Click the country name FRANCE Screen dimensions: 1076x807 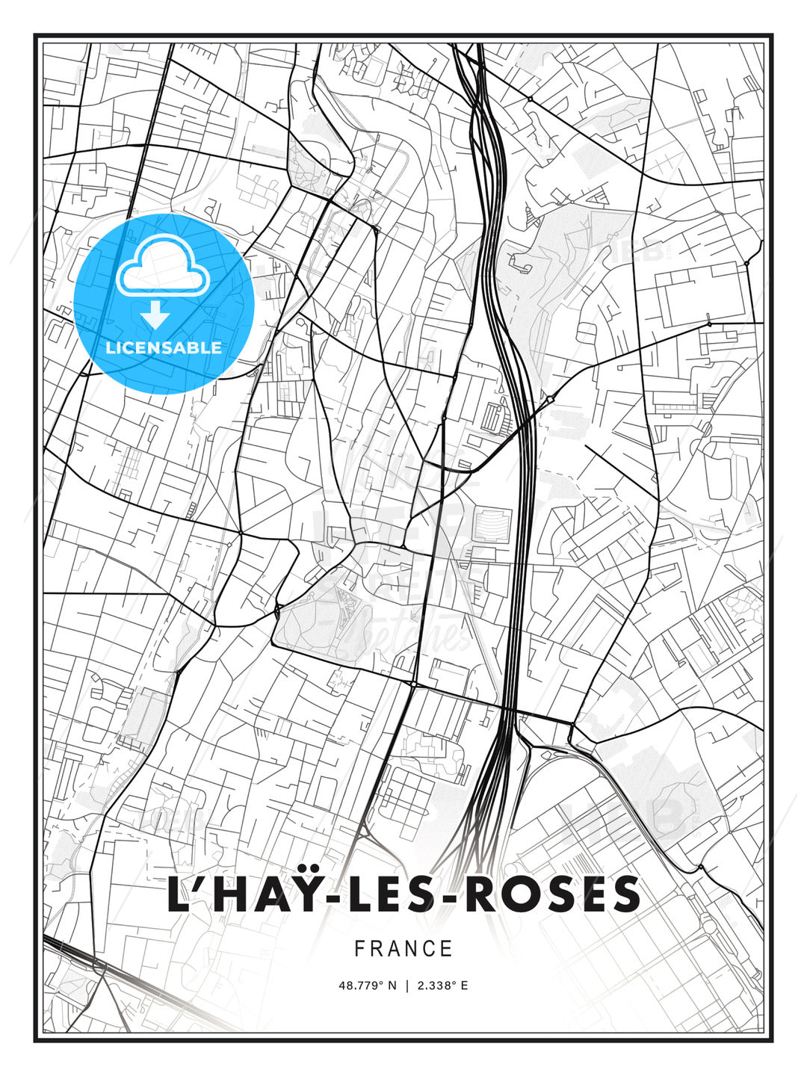click(x=403, y=949)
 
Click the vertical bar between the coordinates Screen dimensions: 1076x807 click(x=406, y=986)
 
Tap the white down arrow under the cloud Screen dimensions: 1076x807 click(x=155, y=315)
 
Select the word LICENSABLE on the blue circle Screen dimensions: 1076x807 click(x=164, y=347)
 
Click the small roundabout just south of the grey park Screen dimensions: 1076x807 click(x=412, y=683)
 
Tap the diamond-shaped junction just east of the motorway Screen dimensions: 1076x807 click(x=551, y=400)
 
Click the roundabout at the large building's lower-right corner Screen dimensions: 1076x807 click(x=709, y=325)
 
